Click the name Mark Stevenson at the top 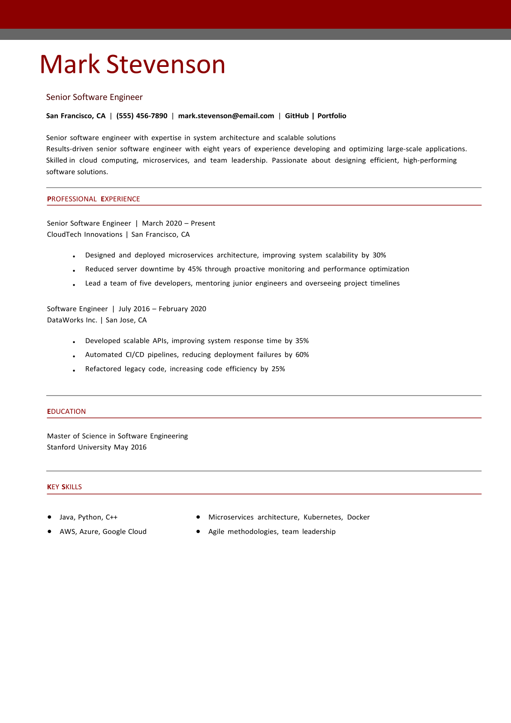pyautogui.click(x=132, y=64)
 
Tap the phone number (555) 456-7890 pyautogui.click(x=141, y=116)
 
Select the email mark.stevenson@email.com pyautogui.click(x=226, y=116)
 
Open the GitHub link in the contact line pyautogui.click(x=297, y=116)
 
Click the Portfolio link pyautogui.click(x=332, y=116)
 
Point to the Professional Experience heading pyautogui.click(x=93, y=199)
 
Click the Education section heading pyautogui.click(x=66, y=412)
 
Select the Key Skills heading pyautogui.click(x=64, y=487)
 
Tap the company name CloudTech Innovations pyautogui.click(x=84, y=235)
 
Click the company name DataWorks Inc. pyautogui.click(x=72, y=320)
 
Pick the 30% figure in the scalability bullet pyautogui.click(x=379, y=255)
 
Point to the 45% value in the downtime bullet pyautogui.click(x=195, y=269)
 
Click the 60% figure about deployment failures pyautogui.click(x=302, y=355)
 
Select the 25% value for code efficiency pyautogui.click(x=278, y=369)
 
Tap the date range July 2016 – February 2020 pyautogui.click(x=162, y=309)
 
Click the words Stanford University pyautogui.click(x=79, y=447)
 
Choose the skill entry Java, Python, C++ pyautogui.click(x=88, y=518)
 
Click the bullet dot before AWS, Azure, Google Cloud pyautogui.click(x=50, y=531)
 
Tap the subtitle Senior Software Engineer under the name pyautogui.click(x=94, y=97)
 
